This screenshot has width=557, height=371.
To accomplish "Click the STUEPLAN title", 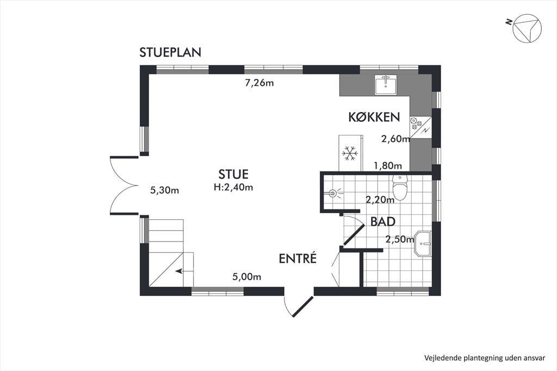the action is [170, 52].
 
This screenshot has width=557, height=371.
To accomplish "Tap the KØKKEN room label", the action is [374, 117].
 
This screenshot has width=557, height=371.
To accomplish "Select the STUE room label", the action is [233, 174].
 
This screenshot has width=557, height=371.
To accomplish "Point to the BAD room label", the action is [383, 221].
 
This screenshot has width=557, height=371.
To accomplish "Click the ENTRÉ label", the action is [298, 258].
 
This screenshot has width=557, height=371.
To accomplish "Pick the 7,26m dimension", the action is [259, 83].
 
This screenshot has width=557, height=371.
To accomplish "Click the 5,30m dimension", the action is [164, 190].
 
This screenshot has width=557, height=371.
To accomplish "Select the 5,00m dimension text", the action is [247, 276].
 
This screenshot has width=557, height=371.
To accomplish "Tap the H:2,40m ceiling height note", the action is [233, 187].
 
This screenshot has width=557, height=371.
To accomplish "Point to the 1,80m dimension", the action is [387, 165].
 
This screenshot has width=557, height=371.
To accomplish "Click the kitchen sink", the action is [386, 85].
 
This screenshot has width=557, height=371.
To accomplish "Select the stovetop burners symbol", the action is [416, 122].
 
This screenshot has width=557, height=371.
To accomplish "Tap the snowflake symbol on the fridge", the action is [350, 153].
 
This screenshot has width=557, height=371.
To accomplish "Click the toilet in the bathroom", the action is [400, 187].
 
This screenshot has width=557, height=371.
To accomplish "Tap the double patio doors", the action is [123, 185].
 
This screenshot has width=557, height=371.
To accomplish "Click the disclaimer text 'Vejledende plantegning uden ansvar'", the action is [485, 358].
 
